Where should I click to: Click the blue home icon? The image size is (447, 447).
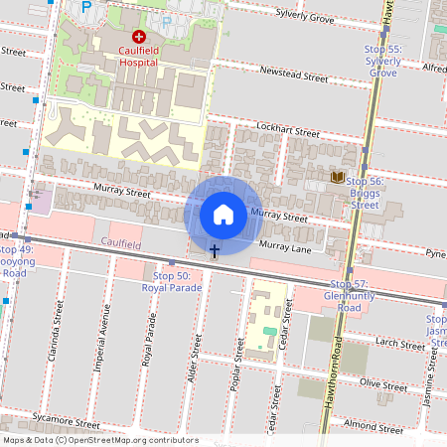click(223, 214)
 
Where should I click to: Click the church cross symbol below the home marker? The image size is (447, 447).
click(214, 250)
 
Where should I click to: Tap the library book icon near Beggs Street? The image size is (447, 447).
click(338, 178)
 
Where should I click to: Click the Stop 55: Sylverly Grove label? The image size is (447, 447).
click(382, 61)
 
